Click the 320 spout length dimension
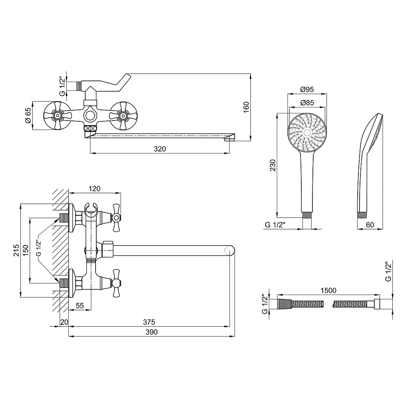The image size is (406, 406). pyautogui.click(x=160, y=149)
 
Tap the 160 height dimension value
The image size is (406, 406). pyautogui.click(x=246, y=107)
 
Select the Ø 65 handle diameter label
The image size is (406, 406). pyautogui.click(x=28, y=115)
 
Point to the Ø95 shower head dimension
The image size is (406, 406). pyautogui.click(x=307, y=89)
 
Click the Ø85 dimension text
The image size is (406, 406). pyautogui.click(x=307, y=103)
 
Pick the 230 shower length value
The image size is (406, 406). pyautogui.click(x=273, y=165)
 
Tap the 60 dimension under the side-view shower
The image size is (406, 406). pyautogui.click(x=370, y=225)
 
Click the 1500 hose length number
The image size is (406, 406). pyautogui.click(x=328, y=291)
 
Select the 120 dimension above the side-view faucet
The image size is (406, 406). pyautogui.click(x=94, y=189)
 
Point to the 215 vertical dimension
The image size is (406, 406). pyautogui.click(x=16, y=251)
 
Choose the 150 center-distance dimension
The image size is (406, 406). pyautogui.click(x=26, y=251)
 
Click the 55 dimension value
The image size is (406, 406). pyautogui.click(x=80, y=306)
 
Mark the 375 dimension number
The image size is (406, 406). pyautogui.click(x=149, y=322)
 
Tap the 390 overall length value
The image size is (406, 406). pyautogui.click(x=151, y=332)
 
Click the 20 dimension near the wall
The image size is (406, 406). pyautogui.click(x=64, y=322)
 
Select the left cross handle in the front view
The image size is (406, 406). pyautogui.click(x=57, y=115)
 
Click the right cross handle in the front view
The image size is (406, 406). pyautogui.click(x=123, y=115)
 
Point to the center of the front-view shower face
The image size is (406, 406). pyautogui.click(x=307, y=133)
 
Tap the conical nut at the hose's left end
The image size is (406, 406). pyautogui.click(x=285, y=304)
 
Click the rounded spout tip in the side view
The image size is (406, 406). pyautogui.click(x=230, y=251)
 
